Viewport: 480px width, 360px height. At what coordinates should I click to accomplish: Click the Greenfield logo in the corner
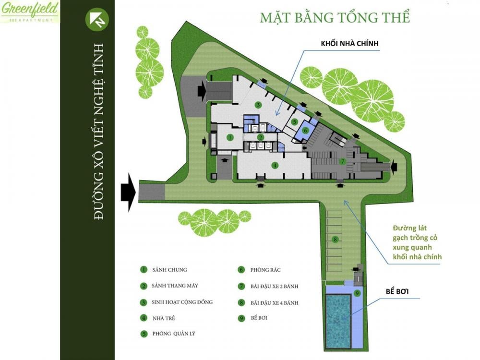(30, 12)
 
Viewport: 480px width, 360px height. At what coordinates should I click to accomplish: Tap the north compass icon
(97, 19)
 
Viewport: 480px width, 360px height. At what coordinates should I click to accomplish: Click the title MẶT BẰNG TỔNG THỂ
(335, 17)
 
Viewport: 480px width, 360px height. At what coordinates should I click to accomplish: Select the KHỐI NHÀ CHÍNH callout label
(349, 44)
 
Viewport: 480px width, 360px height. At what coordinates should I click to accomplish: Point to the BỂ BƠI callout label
(397, 291)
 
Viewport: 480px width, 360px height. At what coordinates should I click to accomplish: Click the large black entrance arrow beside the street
(128, 192)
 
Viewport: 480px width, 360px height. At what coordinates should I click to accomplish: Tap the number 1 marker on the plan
(230, 137)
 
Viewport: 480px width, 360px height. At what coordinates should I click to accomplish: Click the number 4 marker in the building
(275, 165)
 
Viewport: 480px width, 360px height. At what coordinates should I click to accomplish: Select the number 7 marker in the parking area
(343, 161)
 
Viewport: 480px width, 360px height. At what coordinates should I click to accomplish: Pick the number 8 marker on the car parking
(336, 239)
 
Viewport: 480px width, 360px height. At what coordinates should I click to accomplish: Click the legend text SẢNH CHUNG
(169, 270)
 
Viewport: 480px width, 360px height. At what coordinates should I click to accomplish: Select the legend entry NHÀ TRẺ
(164, 318)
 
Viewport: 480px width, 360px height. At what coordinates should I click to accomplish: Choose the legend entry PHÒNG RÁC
(265, 270)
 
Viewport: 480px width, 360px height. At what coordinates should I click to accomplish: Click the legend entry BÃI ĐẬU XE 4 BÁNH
(274, 303)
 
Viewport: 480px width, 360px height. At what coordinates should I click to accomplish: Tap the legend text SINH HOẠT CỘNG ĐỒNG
(182, 302)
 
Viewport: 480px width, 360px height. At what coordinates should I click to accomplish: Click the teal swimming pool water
(338, 321)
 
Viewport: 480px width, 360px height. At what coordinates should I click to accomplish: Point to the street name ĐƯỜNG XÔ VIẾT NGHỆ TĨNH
(99, 132)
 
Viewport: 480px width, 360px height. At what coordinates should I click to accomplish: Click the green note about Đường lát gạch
(417, 242)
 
